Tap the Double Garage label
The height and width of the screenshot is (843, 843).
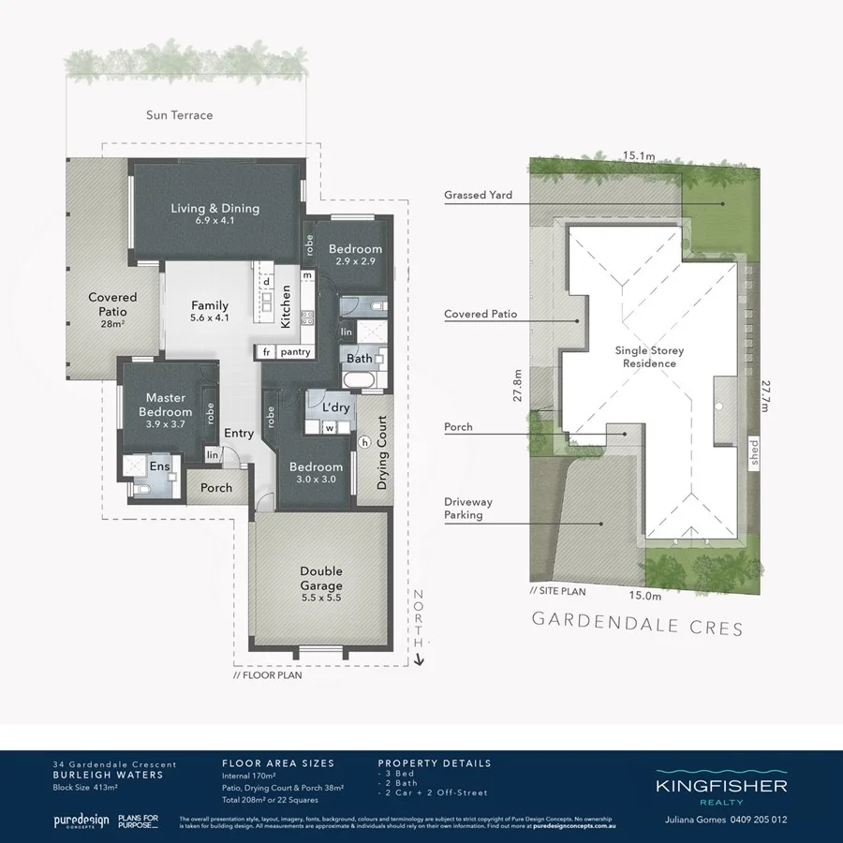tap(321, 578)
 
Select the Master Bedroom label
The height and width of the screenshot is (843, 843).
tap(166, 406)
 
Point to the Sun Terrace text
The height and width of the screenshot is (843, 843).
tap(179, 115)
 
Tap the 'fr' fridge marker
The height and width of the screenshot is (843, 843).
tap(266, 351)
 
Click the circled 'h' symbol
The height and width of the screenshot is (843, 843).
tap(364, 442)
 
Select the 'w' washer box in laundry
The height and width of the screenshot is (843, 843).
tap(330, 429)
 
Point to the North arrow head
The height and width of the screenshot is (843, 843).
tap(419, 660)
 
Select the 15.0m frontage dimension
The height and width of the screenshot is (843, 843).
tap(644, 595)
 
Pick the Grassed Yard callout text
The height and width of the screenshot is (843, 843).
tap(479, 196)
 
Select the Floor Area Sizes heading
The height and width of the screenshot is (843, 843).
tap(278, 763)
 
